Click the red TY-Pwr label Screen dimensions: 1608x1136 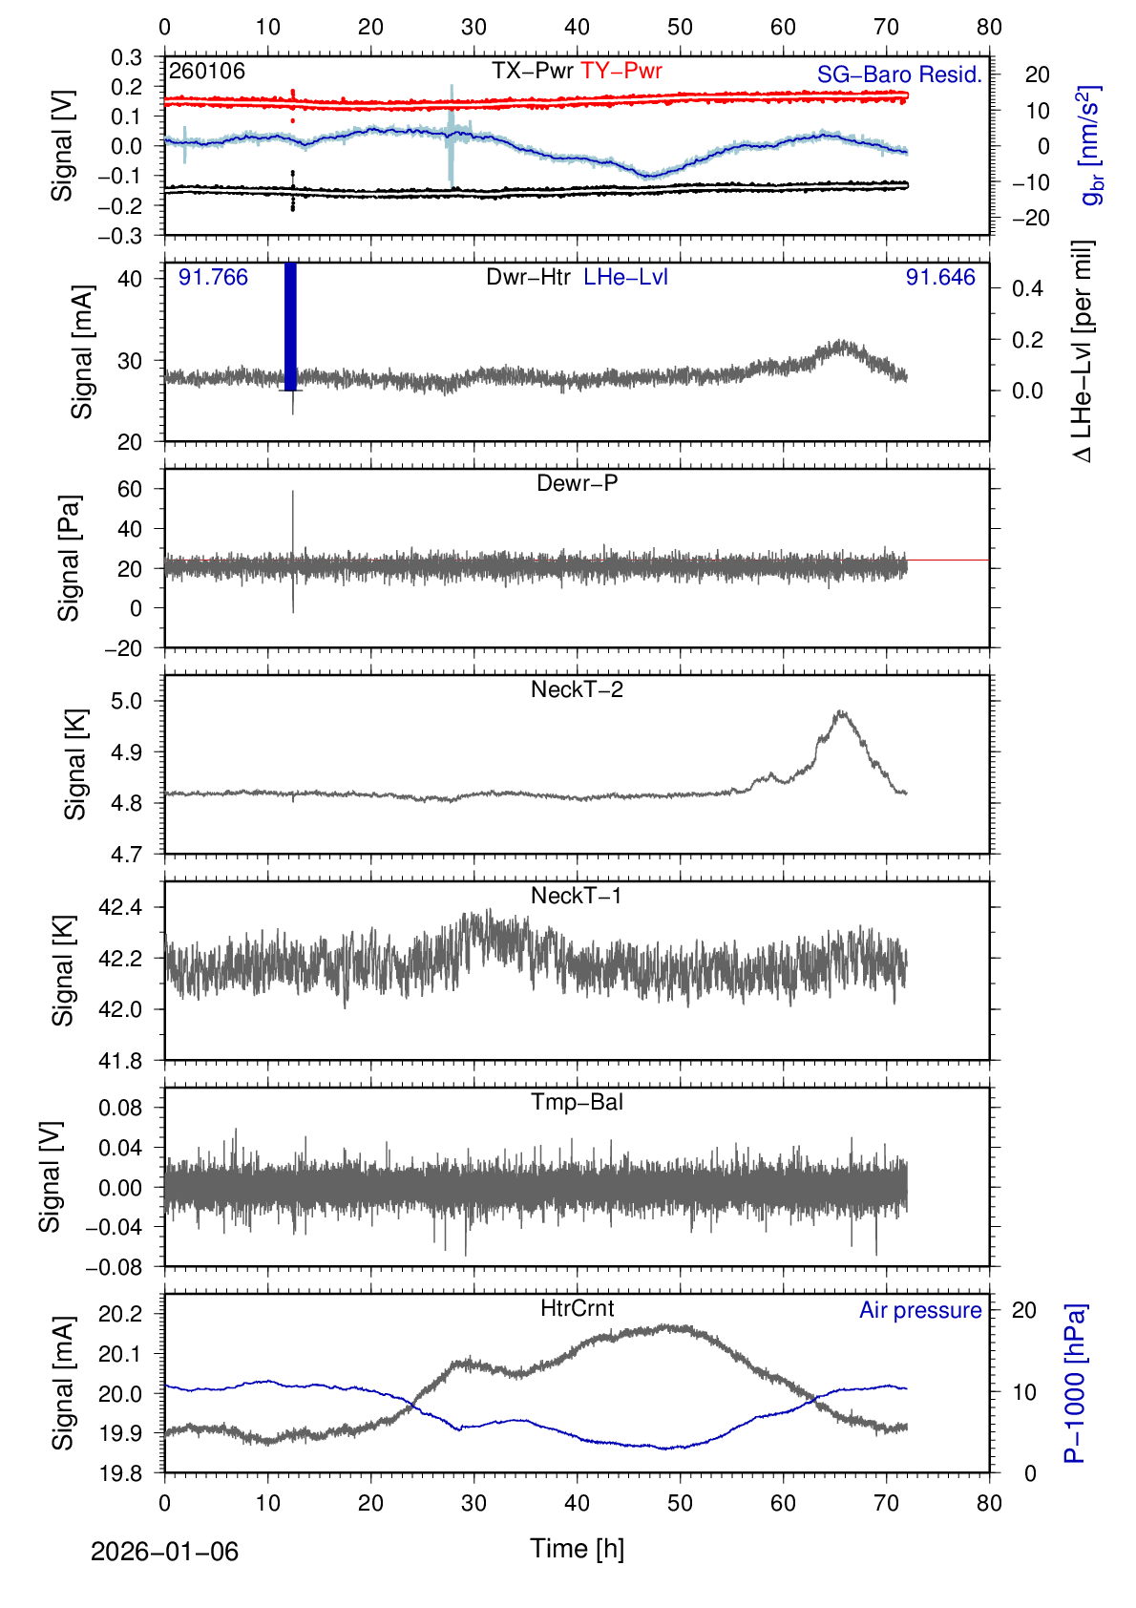click(x=621, y=71)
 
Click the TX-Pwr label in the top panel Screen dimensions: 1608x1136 click(x=533, y=71)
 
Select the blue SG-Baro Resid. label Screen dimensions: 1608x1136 click(x=899, y=74)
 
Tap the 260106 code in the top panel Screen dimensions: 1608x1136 click(x=207, y=71)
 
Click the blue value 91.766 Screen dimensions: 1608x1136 click(x=213, y=277)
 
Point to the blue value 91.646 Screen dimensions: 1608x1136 click(x=940, y=277)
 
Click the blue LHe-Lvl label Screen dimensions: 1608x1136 click(x=625, y=277)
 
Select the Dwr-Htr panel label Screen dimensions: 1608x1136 click(x=528, y=277)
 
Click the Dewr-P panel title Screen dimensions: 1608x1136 click(x=577, y=483)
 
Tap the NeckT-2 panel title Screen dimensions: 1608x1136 click(x=577, y=689)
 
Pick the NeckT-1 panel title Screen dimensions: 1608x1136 click(x=577, y=896)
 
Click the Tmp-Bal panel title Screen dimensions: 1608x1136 click(x=577, y=1102)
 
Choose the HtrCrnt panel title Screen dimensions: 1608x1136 click(x=577, y=1308)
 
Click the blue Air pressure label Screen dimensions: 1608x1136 click(x=920, y=1310)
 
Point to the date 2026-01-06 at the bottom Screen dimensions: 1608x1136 click(x=164, y=1552)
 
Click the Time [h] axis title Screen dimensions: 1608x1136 click(x=577, y=1548)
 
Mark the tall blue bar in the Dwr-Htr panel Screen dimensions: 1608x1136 click(x=291, y=325)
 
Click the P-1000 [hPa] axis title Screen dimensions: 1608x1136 click(x=1075, y=1383)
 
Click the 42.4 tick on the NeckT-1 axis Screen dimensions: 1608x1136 click(x=120, y=907)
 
